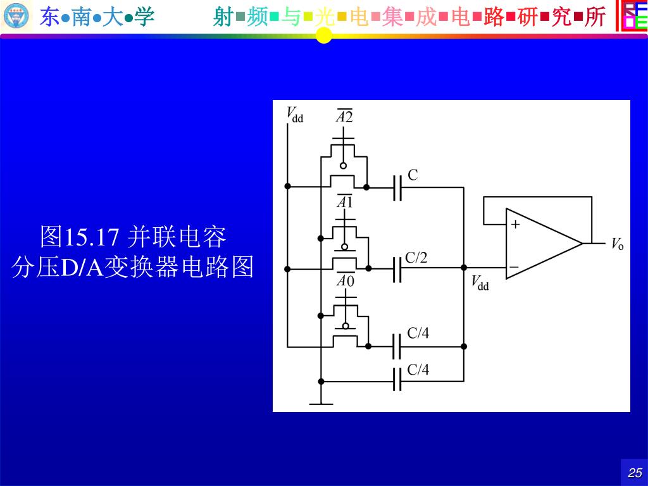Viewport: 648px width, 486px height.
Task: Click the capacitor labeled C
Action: pos(397,187)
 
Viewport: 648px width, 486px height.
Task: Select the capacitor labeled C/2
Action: pos(397,268)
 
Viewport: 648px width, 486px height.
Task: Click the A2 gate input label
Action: pos(344,116)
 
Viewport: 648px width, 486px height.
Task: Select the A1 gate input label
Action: pos(344,202)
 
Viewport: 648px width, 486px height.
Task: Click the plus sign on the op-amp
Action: pos(515,224)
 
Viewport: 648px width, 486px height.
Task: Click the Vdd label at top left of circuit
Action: pos(295,115)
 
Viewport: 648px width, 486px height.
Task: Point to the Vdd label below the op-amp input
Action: pos(480,282)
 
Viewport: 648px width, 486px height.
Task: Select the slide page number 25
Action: pos(635,473)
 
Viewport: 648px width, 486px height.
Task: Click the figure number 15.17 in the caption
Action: pos(91,238)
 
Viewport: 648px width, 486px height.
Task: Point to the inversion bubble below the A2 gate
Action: pos(344,166)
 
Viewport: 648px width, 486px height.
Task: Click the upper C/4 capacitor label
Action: pos(418,333)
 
